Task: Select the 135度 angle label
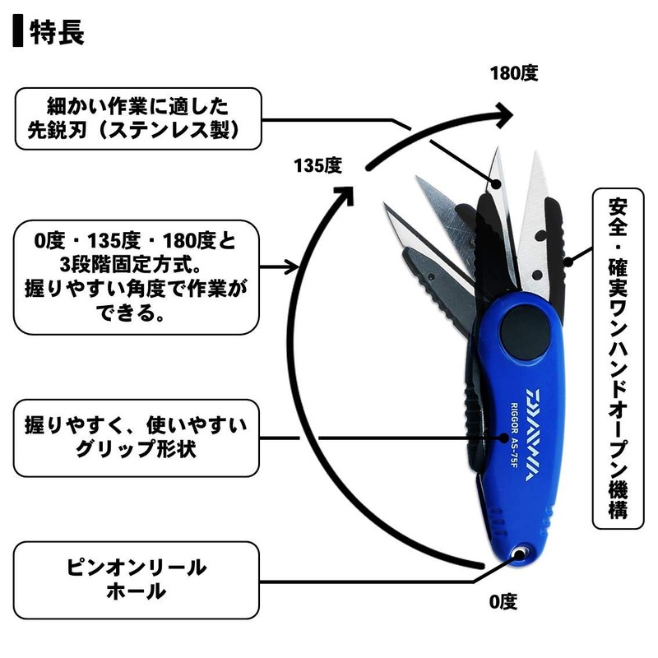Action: point(317,164)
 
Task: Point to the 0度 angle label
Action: point(503,601)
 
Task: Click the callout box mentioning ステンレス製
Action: point(137,118)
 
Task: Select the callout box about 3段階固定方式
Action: point(137,275)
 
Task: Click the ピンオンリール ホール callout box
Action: point(137,579)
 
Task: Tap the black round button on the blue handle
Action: point(526,335)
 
